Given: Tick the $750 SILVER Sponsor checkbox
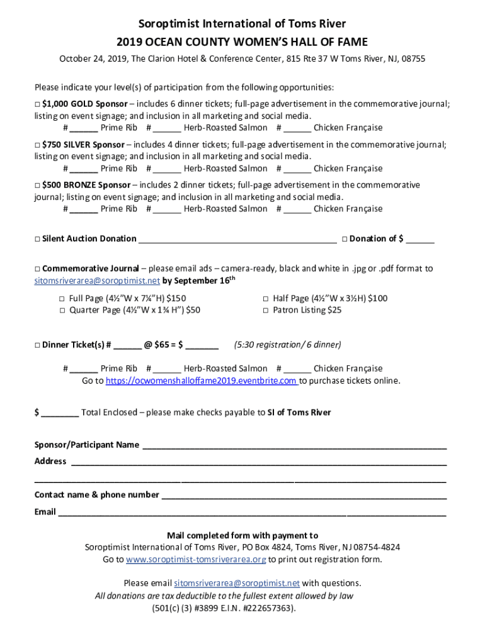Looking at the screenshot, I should pyautogui.click(x=37, y=145).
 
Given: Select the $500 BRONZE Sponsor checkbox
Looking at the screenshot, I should pyautogui.click(x=37, y=186).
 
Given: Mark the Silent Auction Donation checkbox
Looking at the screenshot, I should pyautogui.click(x=37, y=239).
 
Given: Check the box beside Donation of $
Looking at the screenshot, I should pyautogui.click(x=345, y=239).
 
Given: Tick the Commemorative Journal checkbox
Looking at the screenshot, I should pyautogui.click(x=37, y=269).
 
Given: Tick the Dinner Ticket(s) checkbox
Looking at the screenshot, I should pyautogui.click(x=37, y=345).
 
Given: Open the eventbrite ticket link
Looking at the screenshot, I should pyautogui.click(x=201, y=381).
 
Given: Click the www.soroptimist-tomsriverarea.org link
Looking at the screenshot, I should pyautogui.click(x=197, y=559).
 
